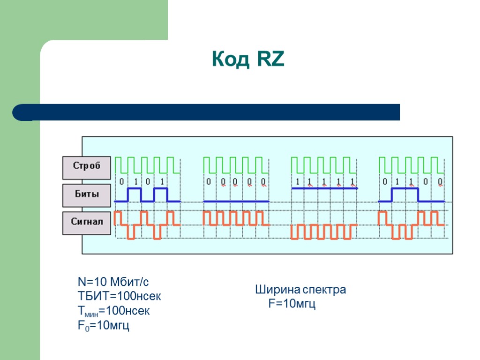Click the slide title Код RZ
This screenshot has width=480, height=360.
248,60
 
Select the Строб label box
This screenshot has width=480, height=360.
87,167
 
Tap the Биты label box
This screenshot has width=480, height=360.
87,195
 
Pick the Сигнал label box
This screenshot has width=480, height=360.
87,223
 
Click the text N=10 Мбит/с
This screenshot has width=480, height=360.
113,282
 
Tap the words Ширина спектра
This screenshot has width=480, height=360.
300,290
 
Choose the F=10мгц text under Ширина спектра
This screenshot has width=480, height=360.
292,304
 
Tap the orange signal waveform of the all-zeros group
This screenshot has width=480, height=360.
236,218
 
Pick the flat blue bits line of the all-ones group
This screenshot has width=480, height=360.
324,188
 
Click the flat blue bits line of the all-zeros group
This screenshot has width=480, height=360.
236,201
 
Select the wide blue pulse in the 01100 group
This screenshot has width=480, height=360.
405,188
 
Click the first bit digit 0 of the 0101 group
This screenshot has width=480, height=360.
122,181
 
